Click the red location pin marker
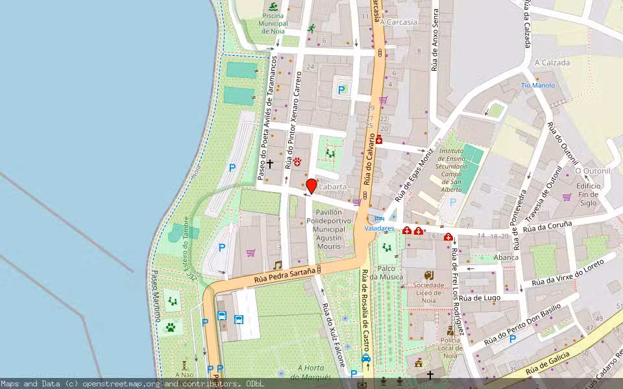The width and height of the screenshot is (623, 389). click(311, 187)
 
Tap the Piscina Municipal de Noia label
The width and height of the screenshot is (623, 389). click(273, 23)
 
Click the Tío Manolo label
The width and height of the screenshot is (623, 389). click(538, 85)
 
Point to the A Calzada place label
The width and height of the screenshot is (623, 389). click(552, 63)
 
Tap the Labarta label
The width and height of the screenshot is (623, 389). click(333, 187)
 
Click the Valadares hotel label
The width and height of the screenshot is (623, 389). click(378, 228)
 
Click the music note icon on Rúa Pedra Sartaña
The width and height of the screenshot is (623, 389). click(277, 265)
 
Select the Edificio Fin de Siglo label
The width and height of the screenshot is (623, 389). click(589, 194)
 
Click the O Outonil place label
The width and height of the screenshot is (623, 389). click(593, 171)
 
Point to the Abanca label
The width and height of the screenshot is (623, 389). click(506, 257)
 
